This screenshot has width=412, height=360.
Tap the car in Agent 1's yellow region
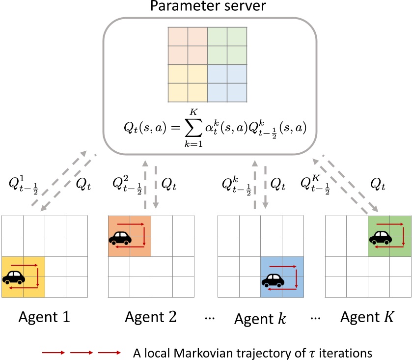(14, 277)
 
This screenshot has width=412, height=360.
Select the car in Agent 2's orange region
(120, 238)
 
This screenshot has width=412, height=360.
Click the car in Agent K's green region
(380, 238)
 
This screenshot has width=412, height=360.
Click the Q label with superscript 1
(27, 186)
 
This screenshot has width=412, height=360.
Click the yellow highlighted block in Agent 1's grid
(24, 277)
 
